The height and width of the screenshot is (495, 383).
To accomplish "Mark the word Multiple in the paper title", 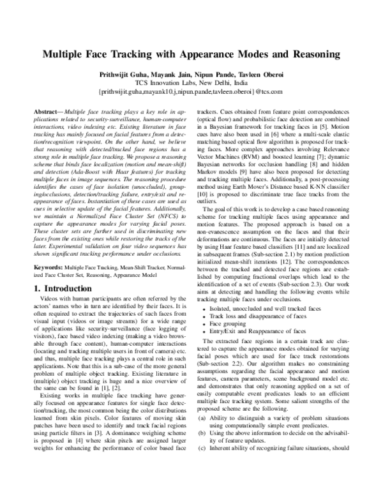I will point(70,55).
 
